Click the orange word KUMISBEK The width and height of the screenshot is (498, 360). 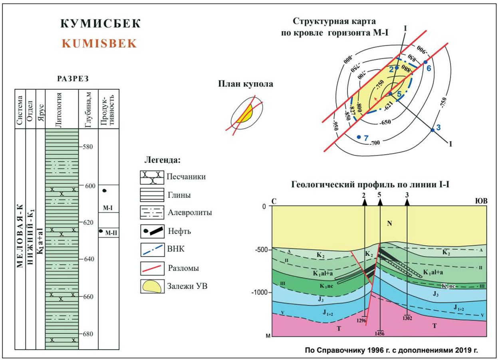pos(99,44)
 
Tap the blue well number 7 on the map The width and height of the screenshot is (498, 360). pos(366,138)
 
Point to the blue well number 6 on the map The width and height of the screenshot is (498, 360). pos(429,68)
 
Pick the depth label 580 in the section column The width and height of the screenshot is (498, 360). pos(88,147)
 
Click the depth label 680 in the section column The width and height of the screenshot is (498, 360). pos(88,334)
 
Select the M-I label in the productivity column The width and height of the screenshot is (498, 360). pos(108,208)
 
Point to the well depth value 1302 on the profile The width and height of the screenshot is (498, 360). pos(407,318)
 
